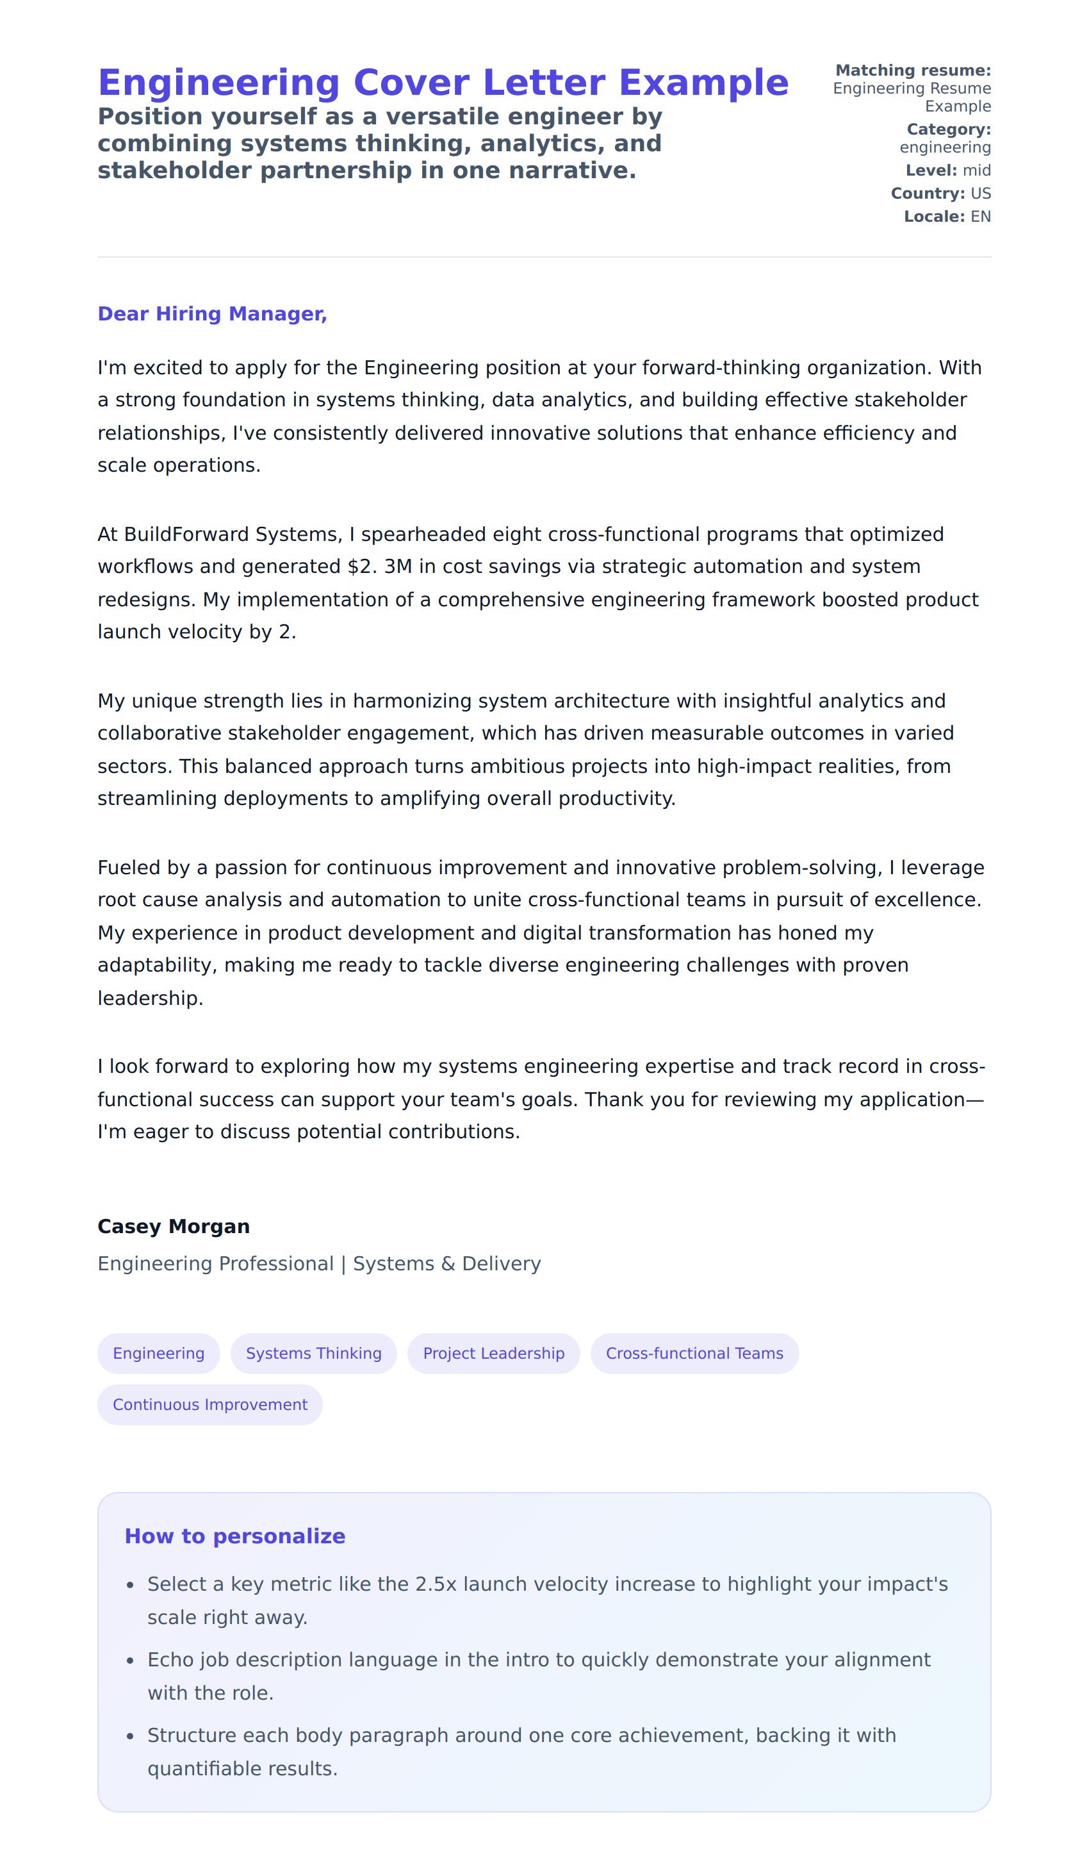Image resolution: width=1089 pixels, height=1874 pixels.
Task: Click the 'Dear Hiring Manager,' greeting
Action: [x=212, y=314]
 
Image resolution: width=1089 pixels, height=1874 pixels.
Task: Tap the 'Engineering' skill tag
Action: [x=158, y=1353]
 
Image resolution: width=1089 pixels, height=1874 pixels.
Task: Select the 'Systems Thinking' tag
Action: [x=314, y=1353]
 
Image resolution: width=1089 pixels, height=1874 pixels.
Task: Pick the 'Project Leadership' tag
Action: [x=494, y=1353]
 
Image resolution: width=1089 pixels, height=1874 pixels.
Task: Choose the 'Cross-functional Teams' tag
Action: [x=694, y=1353]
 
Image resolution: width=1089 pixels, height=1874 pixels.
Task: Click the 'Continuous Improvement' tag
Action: [x=209, y=1404]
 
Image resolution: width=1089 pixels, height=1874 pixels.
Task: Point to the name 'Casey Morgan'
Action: [x=173, y=1226]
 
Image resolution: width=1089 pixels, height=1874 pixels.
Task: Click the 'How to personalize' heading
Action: [x=235, y=1536]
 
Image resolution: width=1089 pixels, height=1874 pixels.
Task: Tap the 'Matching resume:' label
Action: [x=913, y=70]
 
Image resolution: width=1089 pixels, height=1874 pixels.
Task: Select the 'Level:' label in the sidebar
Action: [x=931, y=170]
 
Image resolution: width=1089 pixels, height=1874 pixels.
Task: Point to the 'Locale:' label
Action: [x=933, y=217]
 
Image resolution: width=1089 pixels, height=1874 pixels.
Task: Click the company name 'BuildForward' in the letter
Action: [x=186, y=534]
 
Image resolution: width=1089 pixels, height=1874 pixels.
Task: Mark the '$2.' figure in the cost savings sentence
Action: [x=362, y=567]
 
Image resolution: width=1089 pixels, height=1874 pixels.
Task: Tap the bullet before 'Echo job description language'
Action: [x=130, y=1660]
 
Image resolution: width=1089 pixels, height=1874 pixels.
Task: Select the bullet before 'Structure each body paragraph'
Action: [x=130, y=1736]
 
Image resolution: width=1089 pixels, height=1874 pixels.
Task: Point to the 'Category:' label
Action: [x=949, y=129]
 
